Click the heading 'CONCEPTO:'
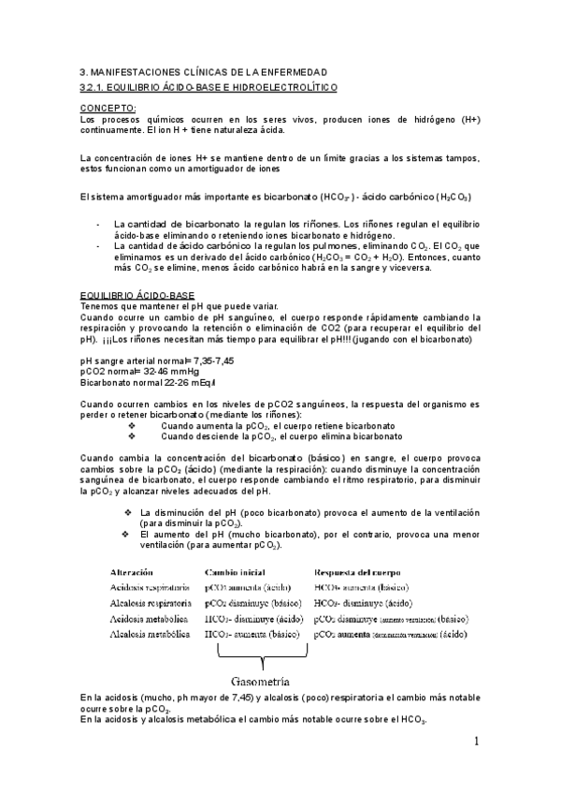click(x=108, y=109)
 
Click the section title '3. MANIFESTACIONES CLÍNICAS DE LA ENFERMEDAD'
click(x=203, y=72)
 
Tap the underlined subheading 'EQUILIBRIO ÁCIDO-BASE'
click(x=137, y=295)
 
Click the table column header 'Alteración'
click(x=139, y=571)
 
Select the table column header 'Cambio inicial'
click(x=235, y=571)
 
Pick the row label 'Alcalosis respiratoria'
click(x=151, y=603)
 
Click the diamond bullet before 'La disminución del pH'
click(x=127, y=512)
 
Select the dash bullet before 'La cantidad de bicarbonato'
click(x=99, y=225)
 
